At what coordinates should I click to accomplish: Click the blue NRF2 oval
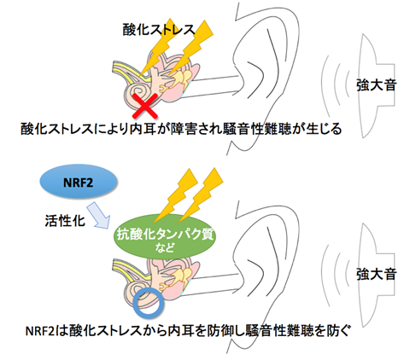click(x=79, y=182)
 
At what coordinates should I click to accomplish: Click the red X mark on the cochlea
click(x=145, y=106)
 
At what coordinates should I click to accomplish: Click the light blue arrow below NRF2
click(x=98, y=216)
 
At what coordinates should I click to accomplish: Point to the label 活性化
click(x=65, y=220)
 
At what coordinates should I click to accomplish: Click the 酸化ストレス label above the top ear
click(x=159, y=29)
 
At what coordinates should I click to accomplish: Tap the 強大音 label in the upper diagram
click(x=376, y=84)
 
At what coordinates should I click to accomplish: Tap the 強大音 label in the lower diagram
click(x=376, y=274)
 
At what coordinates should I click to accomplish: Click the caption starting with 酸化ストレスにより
click(x=181, y=129)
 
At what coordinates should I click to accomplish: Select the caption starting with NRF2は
click(x=188, y=331)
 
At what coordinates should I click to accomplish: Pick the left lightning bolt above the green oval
click(x=174, y=196)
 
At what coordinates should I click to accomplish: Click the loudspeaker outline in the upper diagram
click(x=361, y=85)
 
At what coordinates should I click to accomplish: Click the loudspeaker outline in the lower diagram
click(x=361, y=275)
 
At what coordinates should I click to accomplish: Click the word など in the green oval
click(x=165, y=247)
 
